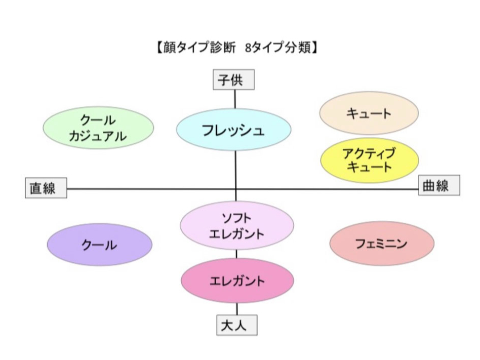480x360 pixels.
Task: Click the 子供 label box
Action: coord(233,79)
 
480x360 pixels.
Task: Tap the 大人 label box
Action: coord(237,325)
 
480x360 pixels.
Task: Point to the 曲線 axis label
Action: coord(439,185)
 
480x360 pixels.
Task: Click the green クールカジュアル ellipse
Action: coord(98,128)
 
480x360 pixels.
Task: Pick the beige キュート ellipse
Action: coord(369,113)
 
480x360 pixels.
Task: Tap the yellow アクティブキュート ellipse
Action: coord(370,160)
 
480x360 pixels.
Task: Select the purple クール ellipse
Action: coord(100,245)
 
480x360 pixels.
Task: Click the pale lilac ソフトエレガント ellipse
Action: coord(237,226)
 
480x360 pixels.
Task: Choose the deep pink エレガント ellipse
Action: coord(237,281)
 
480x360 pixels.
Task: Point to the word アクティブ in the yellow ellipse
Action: coord(369,153)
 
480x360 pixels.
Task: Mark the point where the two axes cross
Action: coord(236,189)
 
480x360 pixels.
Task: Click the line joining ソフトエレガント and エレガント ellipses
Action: coord(236,255)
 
